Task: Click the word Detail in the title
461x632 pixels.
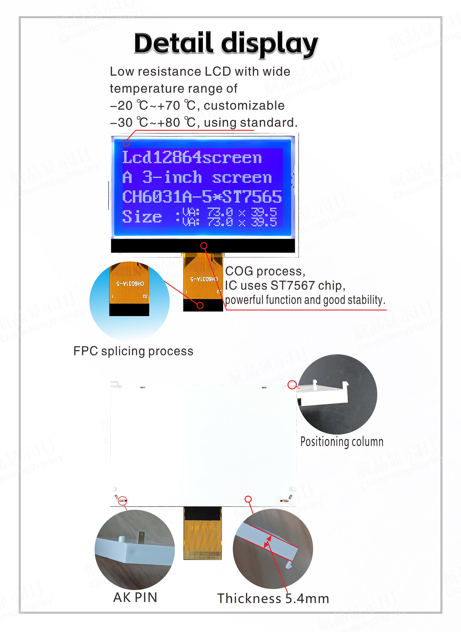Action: [174, 43]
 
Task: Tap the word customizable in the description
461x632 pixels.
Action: [244, 106]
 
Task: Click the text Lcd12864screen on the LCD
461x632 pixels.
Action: [192, 157]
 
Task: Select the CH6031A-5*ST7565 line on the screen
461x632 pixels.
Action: [202, 197]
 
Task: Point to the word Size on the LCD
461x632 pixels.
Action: [142, 217]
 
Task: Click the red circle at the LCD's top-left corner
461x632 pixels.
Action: [126, 143]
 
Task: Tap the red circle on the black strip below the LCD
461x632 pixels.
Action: [204, 246]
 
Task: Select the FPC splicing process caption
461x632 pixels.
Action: [133, 351]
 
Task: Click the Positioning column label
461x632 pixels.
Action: [342, 442]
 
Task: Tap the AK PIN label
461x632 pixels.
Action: [135, 598]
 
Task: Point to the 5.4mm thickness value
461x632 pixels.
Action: [307, 599]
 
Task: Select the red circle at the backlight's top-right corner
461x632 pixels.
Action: [292, 385]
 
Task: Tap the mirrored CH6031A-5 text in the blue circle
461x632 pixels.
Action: [130, 284]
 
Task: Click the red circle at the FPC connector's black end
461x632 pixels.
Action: [200, 305]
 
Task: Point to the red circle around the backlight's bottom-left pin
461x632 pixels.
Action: [122, 501]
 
